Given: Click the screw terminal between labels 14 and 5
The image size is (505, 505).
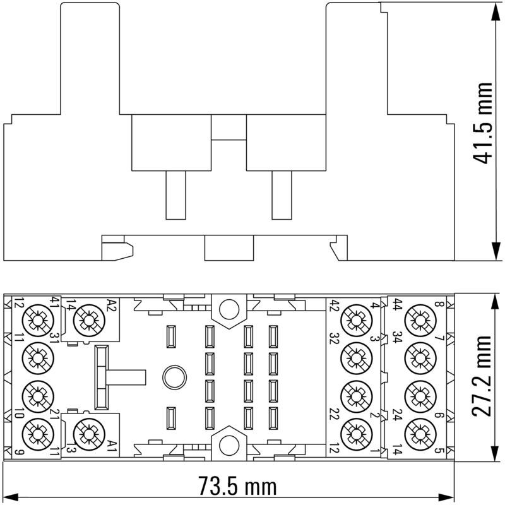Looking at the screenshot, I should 418,433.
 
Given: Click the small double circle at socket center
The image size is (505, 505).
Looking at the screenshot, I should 172,377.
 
